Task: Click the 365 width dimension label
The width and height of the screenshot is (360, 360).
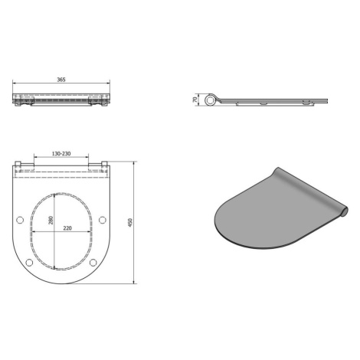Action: (61, 80)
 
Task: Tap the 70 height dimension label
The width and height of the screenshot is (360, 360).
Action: (195, 100)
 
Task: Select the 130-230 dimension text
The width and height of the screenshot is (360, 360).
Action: (61, 154)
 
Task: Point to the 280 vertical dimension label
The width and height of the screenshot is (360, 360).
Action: (51, 221)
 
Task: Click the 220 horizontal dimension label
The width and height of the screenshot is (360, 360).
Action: (67, 228)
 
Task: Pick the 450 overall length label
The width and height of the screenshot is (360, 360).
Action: (130, 223)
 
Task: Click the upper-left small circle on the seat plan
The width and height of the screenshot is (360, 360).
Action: (20, 220)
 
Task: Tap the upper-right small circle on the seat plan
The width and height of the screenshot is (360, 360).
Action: (103, 220)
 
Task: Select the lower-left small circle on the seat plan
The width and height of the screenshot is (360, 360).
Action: (29, 262)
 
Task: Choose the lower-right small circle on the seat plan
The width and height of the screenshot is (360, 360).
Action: (93, 262)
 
